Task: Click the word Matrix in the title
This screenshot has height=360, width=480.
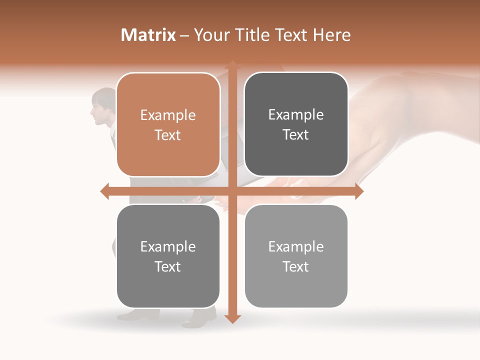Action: click(x=148, y=35)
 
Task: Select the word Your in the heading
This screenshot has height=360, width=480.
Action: click(x=210, y=35)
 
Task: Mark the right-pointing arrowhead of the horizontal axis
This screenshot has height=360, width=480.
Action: click(x=358, y=191)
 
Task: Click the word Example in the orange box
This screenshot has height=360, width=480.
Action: click(x=168, y=115)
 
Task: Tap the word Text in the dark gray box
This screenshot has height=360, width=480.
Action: click(x=296, y=135)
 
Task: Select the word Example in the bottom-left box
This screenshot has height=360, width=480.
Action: click(x=168, y=246)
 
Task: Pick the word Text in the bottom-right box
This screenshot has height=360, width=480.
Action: click(x=296, y=266)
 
